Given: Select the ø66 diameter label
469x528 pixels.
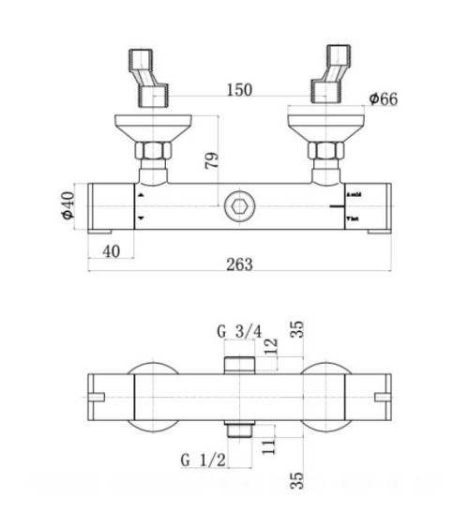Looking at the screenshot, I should [383, 98].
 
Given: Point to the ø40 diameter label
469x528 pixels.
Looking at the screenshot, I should [66, 204].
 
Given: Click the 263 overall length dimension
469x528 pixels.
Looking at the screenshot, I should [240, 264].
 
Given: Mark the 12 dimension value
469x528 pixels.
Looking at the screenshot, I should [270, 347].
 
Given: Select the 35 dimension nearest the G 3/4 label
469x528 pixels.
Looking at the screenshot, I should [296, 329].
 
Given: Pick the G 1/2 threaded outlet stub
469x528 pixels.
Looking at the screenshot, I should [240, 429].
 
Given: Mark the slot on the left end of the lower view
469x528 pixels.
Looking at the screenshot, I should [94, 398].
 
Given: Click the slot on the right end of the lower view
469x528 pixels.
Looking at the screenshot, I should [383, 398].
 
